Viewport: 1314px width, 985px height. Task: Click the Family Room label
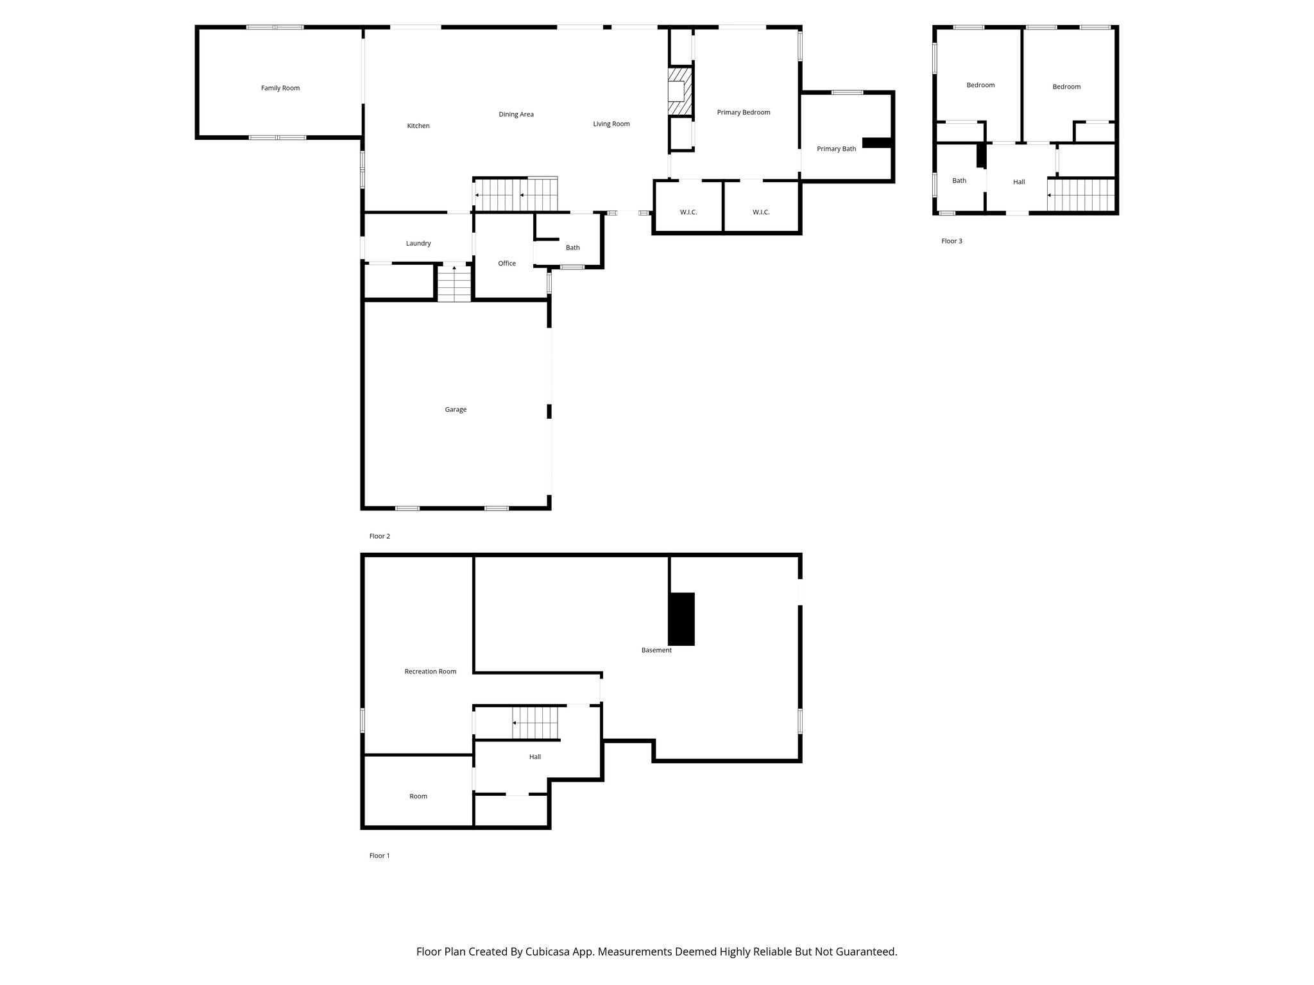(280, 88)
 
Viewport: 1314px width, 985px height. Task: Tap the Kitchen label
(418, 126)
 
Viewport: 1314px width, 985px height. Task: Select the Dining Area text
(516, 114)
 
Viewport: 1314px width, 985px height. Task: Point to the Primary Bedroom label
(743, 112)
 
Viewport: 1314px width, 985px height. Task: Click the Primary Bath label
(836, 149)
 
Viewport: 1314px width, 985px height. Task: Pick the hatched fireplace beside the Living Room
(680, 91)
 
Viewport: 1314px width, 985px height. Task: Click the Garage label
(456, 409)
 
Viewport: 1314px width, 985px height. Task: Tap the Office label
(506, 263)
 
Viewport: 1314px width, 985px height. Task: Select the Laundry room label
(418, 243)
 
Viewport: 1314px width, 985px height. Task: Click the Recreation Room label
(430, 671)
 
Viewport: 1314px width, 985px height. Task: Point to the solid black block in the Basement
(681, 619)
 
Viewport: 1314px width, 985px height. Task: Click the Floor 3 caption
(951, 241)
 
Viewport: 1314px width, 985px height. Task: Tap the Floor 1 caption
(379, 855)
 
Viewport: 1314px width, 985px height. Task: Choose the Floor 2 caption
(379, 536)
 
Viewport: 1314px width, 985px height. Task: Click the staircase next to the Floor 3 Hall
(1082, 195)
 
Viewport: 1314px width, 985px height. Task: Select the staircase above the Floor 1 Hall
(536, 723)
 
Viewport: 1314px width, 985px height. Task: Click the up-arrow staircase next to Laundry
(454, 283)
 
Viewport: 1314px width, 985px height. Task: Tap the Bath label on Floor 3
(959, 181)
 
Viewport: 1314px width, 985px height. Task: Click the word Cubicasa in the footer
(550, 952)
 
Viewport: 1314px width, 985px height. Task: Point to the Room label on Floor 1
(418, 796)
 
